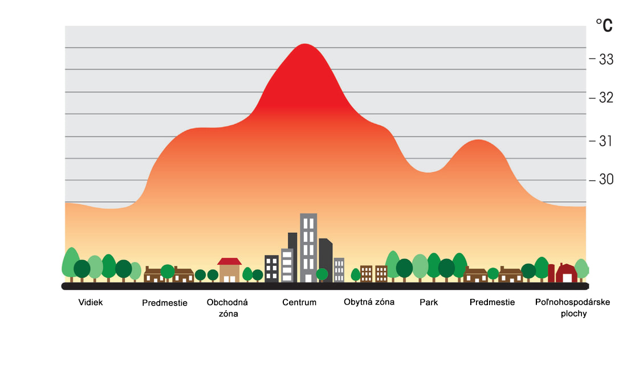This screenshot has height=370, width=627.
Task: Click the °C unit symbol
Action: (604, 25)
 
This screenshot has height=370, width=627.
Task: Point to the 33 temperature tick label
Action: (606, 59)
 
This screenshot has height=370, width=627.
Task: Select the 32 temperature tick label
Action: (606, 98)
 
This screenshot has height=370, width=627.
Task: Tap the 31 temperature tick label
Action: (606, 141)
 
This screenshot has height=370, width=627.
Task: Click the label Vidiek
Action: (91, 302)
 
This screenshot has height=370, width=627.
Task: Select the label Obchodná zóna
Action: (227, 307)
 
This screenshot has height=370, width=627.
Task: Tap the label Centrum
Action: (299, 302)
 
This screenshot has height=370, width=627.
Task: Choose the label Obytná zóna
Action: (369, 302)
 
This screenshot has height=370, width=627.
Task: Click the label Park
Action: (429, 302)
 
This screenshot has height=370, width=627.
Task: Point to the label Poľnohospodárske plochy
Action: (573, 307)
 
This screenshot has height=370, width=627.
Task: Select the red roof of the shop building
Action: (230, 261)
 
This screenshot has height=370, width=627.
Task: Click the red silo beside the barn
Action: (551, 273)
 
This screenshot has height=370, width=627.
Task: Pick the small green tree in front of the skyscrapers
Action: (322, 274)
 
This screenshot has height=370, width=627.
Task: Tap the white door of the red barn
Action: (567, 278)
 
